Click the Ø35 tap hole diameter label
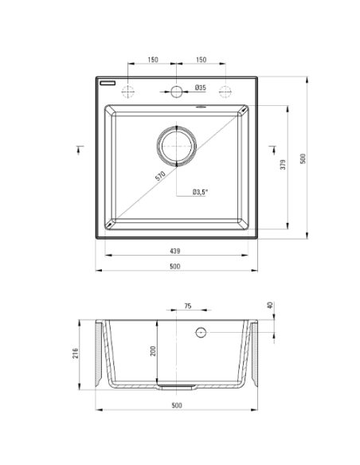pyautogui.click(x=201, y=88)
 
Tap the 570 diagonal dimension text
pyautogui.click(x=160, y=176)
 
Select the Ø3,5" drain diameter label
pyautogui.click(x=200, y=192)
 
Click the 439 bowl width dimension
pyautogui.click(x=175, y=251)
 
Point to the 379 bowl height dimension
pyautogui.click(x=284, y=165)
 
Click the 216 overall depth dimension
pyautogui.click(x=76, y=354)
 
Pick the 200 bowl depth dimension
pyautogui.click(x=153, y=351)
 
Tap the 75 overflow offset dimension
pyautogui.click(x=188, y=306)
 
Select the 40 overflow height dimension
pyautogui.click(x=270, y=305)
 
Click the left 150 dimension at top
pyautogui.click(x=153, y=60)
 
